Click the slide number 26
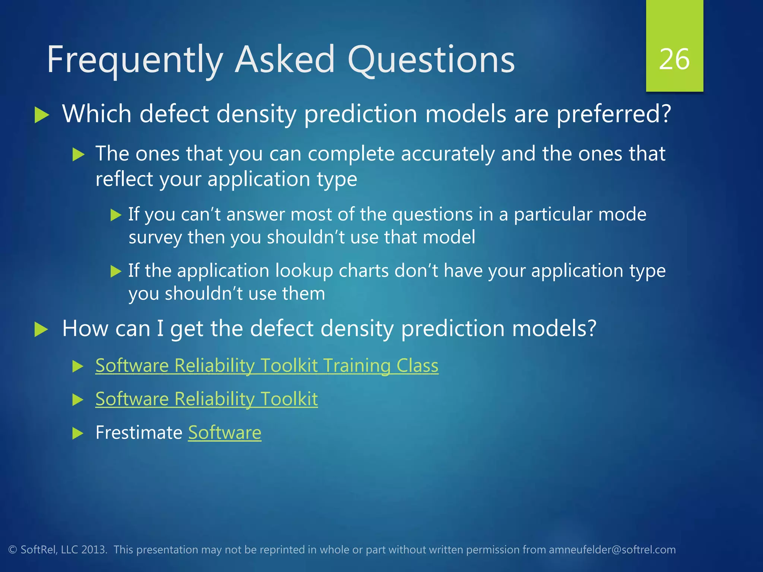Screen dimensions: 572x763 (x=674, y=60)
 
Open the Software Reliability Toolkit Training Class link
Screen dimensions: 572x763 (x=267, y=365)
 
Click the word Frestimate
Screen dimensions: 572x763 (x=139, y=433)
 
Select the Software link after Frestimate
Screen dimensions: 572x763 (x=225, y=433)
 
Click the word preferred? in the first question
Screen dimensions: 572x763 (x=614, y=114)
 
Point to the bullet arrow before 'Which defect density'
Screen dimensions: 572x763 (x=42, y=115)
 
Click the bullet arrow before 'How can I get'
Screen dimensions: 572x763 (x=41, y=330)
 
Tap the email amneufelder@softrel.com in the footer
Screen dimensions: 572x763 (x=612, y=550)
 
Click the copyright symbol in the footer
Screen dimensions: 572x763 (x=13, y=550)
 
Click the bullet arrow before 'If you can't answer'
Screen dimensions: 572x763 (x=116, y=215)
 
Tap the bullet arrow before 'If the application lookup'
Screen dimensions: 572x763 (x=116, y=271)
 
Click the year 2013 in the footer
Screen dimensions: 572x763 (x=93, y=550)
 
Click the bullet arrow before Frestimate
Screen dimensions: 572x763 (x=78, y=433)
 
